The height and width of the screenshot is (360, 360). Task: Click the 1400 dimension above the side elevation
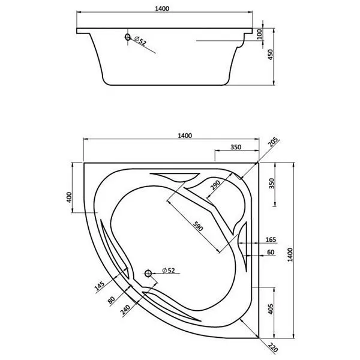(x=162, y=9)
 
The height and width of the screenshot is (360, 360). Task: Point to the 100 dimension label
(x=259, y=34)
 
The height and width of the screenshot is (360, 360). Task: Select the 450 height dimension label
(x=271, y=55)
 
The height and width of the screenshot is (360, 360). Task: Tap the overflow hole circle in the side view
(x=128, y=37)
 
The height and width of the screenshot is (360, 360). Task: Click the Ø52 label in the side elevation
(x=140, y=41)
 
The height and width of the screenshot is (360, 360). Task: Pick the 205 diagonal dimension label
(x=273, y=142)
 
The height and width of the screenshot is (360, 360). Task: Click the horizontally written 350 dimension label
(x=236, y=147)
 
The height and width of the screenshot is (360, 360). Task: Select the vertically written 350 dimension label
(x=272, y=183)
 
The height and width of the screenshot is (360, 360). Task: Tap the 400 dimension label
(x=69, y=197)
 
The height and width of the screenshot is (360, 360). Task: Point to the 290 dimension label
(x=215, y=185)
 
